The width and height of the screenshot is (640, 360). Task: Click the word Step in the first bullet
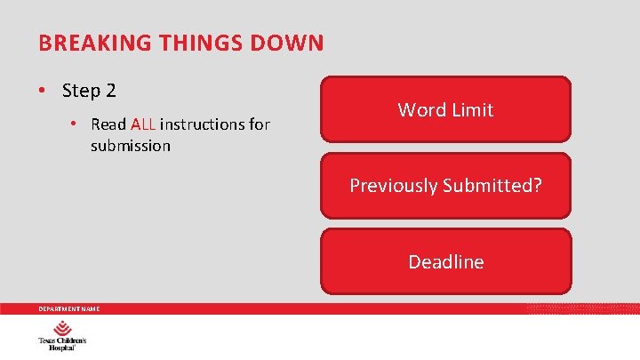81,91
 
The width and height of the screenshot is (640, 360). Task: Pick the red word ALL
143,124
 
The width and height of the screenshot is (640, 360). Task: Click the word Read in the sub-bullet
108,124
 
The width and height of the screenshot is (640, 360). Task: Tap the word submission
131,146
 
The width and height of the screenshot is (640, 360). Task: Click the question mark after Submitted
536,186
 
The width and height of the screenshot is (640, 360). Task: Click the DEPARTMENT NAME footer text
68,309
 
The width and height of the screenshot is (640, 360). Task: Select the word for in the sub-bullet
260,124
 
